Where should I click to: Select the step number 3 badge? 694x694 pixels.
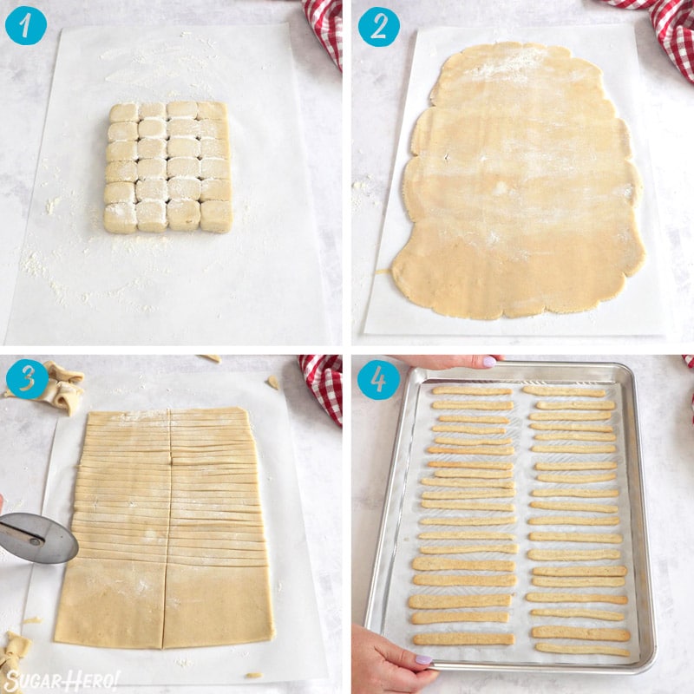pos(25,379)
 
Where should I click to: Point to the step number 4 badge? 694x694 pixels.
pos(379,379)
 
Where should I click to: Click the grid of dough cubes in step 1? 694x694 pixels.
pos(168,167)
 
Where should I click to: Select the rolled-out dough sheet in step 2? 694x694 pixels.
pos(517,173)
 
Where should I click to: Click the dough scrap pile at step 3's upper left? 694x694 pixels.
pos(61,385)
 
